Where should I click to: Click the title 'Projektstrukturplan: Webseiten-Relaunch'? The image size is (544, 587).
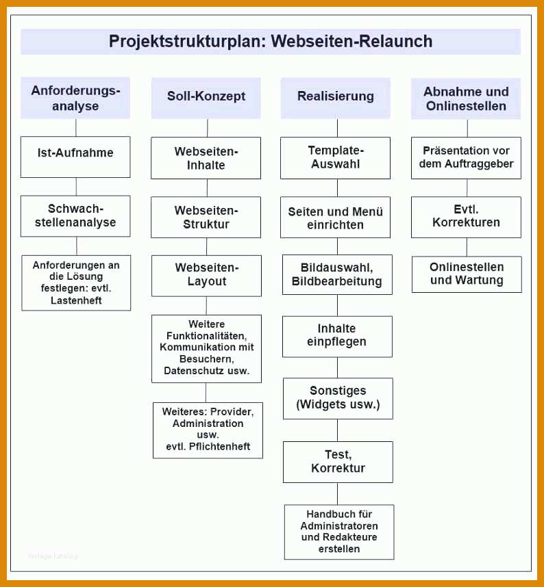[x=271, y=41]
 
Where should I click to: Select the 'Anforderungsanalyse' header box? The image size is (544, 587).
[x=75, y=98]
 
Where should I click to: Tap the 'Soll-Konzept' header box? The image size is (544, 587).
[x=206, y=98]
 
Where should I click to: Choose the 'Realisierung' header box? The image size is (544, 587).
[x=336, y=98]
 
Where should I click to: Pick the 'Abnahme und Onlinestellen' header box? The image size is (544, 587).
[x=466, y=99]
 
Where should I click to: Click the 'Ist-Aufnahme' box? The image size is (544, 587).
[x=75, y=157]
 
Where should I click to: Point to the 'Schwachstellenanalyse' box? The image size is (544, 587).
[x=75, y=216]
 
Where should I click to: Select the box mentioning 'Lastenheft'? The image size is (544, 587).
[x=76, y=283]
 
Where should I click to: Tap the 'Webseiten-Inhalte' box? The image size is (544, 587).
[x=206, y=158]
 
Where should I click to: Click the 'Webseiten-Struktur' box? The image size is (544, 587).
[x=206, y=217]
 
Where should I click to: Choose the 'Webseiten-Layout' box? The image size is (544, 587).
[x=207, y=276]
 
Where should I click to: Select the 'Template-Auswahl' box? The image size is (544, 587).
[x=335, y=158]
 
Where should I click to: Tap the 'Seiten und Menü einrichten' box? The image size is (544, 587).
[x=335, y=217]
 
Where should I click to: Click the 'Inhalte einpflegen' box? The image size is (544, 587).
[x=337, y=337]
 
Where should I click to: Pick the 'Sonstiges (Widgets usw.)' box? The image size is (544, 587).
[x=338, y=398]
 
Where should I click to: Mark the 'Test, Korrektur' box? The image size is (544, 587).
[x=338, y=462]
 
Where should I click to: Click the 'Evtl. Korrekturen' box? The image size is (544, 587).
[x=466, y=217]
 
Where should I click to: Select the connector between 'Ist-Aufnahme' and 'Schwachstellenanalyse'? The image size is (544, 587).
[x=76, y=187]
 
